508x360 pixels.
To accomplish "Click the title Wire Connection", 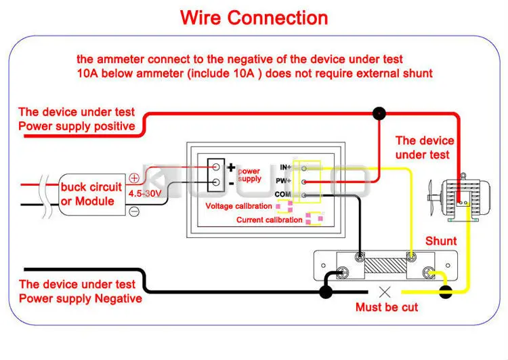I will point(254,17).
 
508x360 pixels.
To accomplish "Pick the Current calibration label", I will point(269,220).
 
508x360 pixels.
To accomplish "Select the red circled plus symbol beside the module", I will point(134,178).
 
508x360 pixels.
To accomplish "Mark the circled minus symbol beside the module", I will point(134,211).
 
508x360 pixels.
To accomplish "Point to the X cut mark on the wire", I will point(386,292).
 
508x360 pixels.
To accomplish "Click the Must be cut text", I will point(387,307).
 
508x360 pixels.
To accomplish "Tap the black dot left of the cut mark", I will point(326,292).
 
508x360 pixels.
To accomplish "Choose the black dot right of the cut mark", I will point(446,293).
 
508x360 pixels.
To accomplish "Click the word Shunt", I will point(441,241).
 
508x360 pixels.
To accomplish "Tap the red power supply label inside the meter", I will point(249,175).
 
